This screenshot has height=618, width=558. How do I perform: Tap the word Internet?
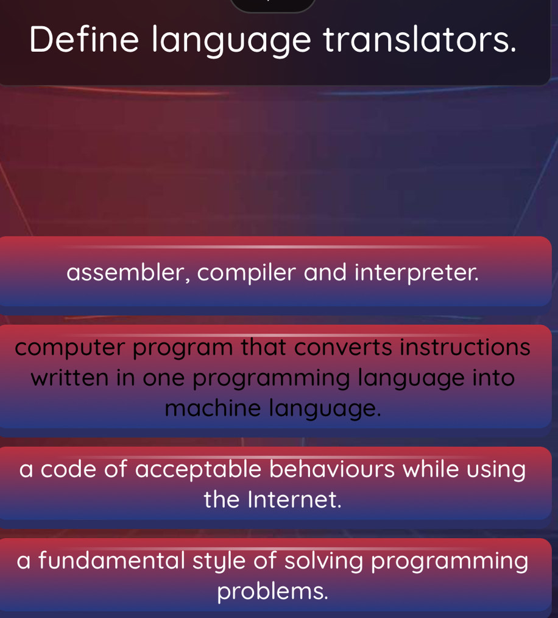(295, 500)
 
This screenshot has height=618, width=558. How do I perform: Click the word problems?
(273, 591)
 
